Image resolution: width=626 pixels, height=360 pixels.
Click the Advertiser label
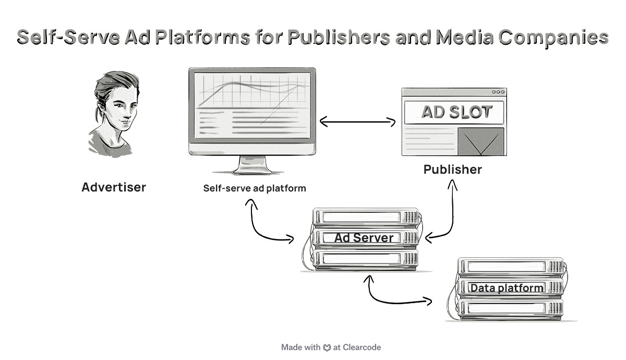point(114,187)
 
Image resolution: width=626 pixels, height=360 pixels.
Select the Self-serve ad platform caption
point(255,188)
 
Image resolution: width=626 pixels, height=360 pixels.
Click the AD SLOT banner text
point(456,112)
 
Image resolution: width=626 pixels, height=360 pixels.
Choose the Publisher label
point(452,170)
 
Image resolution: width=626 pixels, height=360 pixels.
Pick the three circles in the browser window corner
point(498,92)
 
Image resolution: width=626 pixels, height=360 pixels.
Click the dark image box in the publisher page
point(480,141)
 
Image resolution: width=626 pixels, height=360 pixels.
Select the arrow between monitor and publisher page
point(357,122)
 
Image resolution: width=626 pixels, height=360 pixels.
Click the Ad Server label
point(364,238)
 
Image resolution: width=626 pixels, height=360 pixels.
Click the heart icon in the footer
point(327,347)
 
